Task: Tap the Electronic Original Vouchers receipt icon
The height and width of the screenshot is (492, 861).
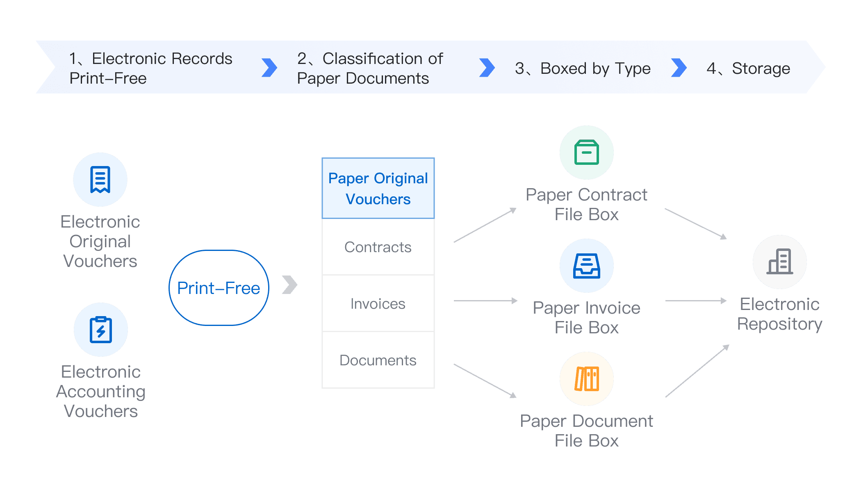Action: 100,180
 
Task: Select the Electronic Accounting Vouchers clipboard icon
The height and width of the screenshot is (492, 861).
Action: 101,330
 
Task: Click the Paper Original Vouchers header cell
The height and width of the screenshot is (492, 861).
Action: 378,188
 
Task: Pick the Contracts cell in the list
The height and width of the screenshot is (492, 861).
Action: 378,247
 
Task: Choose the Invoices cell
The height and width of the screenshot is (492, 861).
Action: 378,303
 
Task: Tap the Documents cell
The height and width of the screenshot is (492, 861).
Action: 378,360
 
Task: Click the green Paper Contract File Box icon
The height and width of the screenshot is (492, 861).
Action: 587,153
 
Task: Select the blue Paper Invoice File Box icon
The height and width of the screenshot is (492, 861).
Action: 587,266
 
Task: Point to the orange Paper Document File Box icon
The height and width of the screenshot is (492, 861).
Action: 587,379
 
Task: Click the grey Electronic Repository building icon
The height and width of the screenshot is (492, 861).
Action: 780,262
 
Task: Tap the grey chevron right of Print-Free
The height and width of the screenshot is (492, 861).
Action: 290,285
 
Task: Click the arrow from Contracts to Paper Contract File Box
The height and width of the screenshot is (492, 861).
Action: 485,225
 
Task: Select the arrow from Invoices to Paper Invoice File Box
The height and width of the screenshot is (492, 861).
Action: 485,301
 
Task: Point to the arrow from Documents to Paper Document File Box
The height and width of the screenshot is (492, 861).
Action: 485,381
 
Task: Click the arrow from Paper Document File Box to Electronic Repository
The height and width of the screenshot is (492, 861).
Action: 697,371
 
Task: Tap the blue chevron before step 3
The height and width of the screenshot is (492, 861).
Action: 487,68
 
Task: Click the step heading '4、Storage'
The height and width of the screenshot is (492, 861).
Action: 748,68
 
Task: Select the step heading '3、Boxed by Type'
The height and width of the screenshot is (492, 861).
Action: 583,69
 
